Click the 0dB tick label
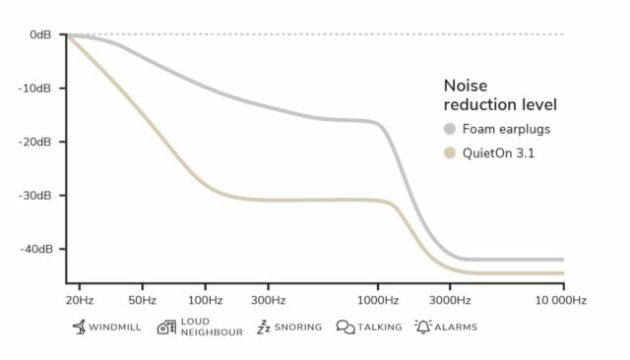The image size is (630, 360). [41, 34]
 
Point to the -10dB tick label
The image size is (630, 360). [38, 89]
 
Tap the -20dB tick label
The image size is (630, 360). [38, 142]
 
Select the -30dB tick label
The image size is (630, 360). [38, 196]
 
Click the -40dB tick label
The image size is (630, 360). [38, 249]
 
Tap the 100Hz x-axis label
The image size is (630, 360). [205, 299]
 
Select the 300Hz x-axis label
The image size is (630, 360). [268, 299]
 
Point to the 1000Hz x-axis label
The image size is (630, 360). [379, 299]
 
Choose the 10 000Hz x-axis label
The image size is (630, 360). [561, 299]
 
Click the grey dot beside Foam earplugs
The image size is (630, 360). [450, 129]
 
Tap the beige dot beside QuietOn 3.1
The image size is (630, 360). [450, 152]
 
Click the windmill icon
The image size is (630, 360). [78, 326]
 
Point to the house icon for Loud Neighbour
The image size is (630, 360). [165, 327]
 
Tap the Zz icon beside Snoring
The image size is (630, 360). [263, 327]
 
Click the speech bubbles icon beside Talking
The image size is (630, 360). [345, 327]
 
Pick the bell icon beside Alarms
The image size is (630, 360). [422, 326]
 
